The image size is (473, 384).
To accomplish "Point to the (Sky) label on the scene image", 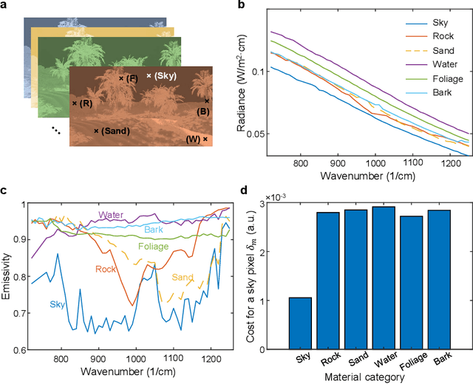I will click(164, 76).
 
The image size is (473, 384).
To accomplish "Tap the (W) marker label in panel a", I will click(193, 139).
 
